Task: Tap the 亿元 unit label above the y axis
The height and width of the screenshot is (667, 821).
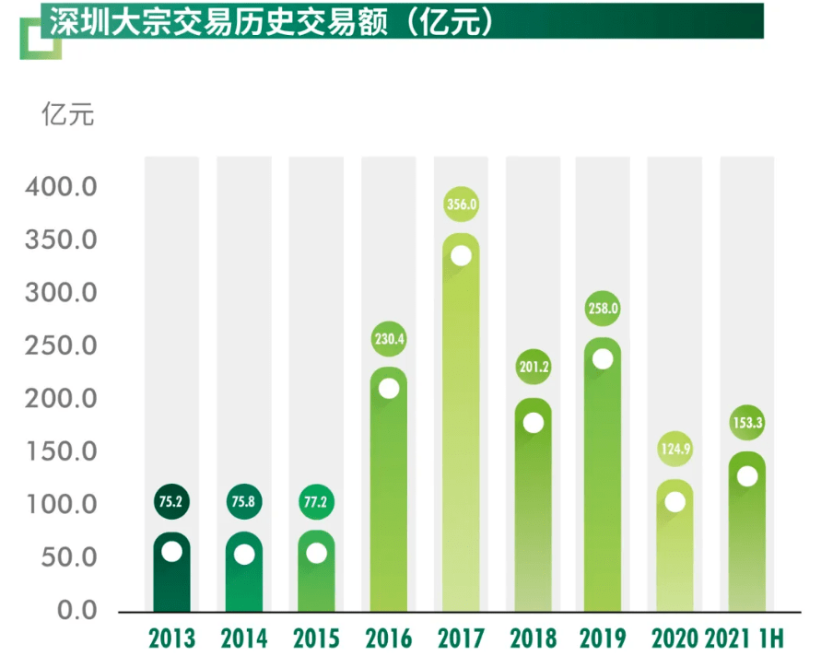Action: pyautogui.click(x=67, y=117)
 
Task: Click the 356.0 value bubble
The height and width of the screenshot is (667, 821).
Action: pyautogui.click(x=462, y=205)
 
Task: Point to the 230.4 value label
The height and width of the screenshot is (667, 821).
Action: pyautogui.click(x=389, y=338)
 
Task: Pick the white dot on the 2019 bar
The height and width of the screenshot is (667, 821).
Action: pyautogui.click(x=603, y=359)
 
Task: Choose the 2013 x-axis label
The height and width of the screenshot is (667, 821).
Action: pyautogui.click(x=171, y=638)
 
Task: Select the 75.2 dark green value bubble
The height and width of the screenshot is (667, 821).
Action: pyautogui.click(x=171, y=503)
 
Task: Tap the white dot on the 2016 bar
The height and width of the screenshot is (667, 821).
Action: pyautogui.click(x=389, y=388)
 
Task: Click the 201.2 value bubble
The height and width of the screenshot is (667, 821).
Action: pyautogui.click(x=534, y=367)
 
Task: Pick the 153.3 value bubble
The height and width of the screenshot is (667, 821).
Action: pyautogui.click(x=747, y=424)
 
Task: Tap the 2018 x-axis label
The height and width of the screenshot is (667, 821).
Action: pyautogui.click(x=534, y=638)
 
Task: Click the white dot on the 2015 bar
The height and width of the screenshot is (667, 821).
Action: pyautogui.click(x=316, y=553)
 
